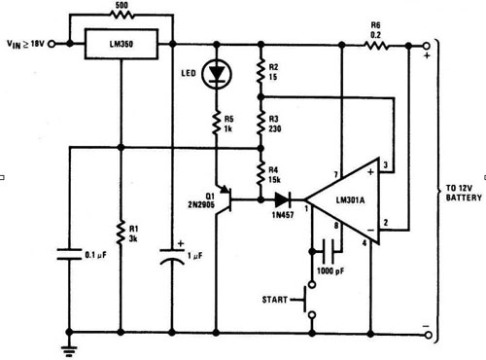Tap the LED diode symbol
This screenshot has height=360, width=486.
point(217,75)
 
